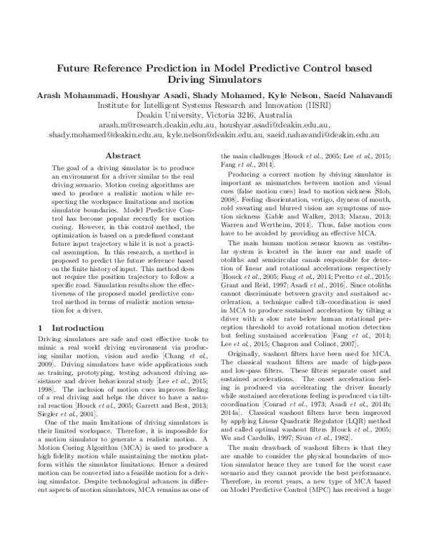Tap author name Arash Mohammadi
coord(90,97)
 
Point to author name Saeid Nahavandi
coord(347,97)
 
